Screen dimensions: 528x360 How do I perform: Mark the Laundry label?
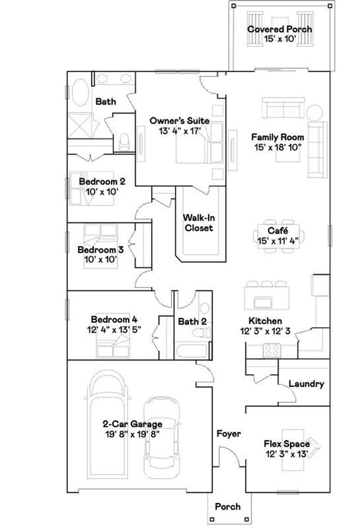(306, 383)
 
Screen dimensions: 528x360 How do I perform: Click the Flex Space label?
(287, 444)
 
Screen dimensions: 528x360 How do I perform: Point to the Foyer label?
(229, 434)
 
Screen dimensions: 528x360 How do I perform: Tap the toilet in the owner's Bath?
(124, 140)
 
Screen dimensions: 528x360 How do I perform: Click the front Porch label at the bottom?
(228, 507)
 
